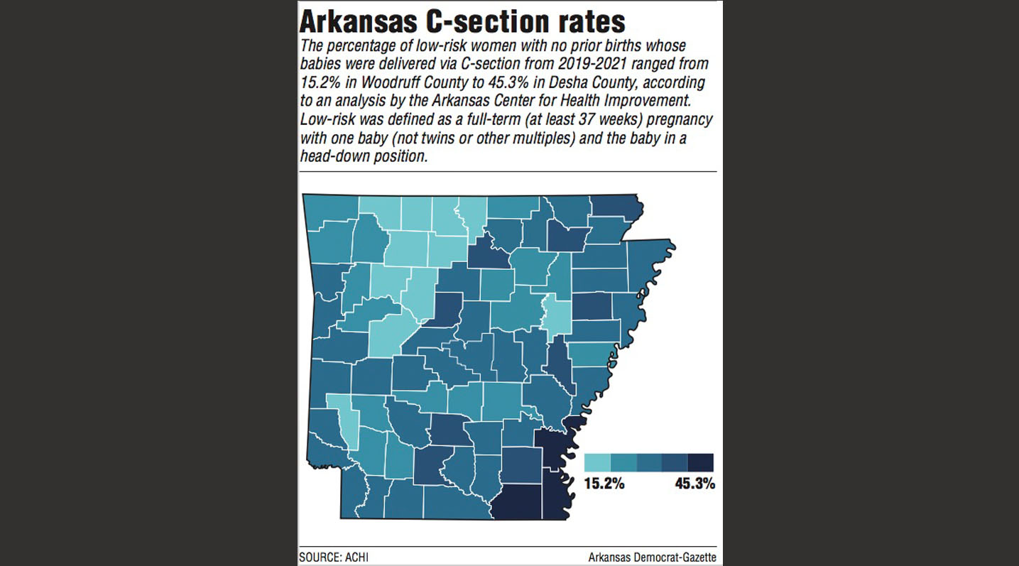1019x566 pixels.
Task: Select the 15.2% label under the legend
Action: [x=604, y=484]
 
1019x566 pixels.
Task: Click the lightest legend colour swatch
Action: [x=597, y=463]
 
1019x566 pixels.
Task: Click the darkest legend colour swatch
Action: [x=701, y=463]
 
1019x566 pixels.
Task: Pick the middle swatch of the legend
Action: [x=649, y=463]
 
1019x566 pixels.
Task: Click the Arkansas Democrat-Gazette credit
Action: [x=652, y=557]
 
